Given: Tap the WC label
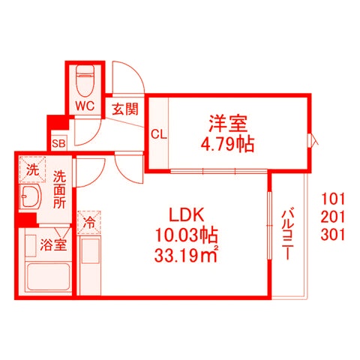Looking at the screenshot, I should pyautogui.click(x=83, y=106).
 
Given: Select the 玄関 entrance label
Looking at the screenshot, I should pyautogui.click(x=125, y=109).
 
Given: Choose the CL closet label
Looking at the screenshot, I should pyautogui.click(x=157, y=135).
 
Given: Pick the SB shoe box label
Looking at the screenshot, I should pyautogui.click(x=58, y=142).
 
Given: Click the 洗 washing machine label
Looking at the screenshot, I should pyautogui.click(x=32, y=169).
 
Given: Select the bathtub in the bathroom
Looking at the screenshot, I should pyautogui.click(x=47, y=277).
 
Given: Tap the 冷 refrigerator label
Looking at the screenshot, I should pyautogui.click(x=88, y=223).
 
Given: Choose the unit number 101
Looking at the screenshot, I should pyautogui.click(x=332, y=199).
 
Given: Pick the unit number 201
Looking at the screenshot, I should pyautogui.click(x=332, y=217).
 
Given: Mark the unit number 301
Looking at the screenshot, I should pyautogui.click(x=332, y=234).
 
